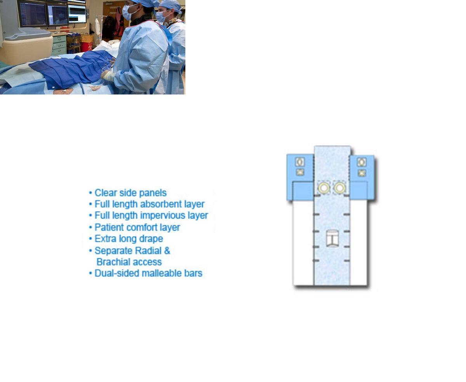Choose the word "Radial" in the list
point(148,250)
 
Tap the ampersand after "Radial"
point(167,250)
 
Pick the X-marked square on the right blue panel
point(362,173)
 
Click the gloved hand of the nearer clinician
point(107,75)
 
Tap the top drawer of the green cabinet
point(59,39)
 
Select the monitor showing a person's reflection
point(58,15)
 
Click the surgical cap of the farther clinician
point(170,5)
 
